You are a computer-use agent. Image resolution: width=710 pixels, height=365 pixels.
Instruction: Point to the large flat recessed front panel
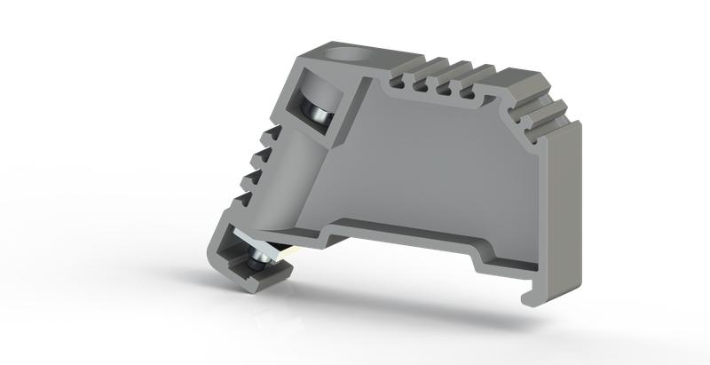click(x=444, y=169)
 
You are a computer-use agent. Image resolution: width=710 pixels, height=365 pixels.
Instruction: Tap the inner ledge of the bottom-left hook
click(x=249, y=275)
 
